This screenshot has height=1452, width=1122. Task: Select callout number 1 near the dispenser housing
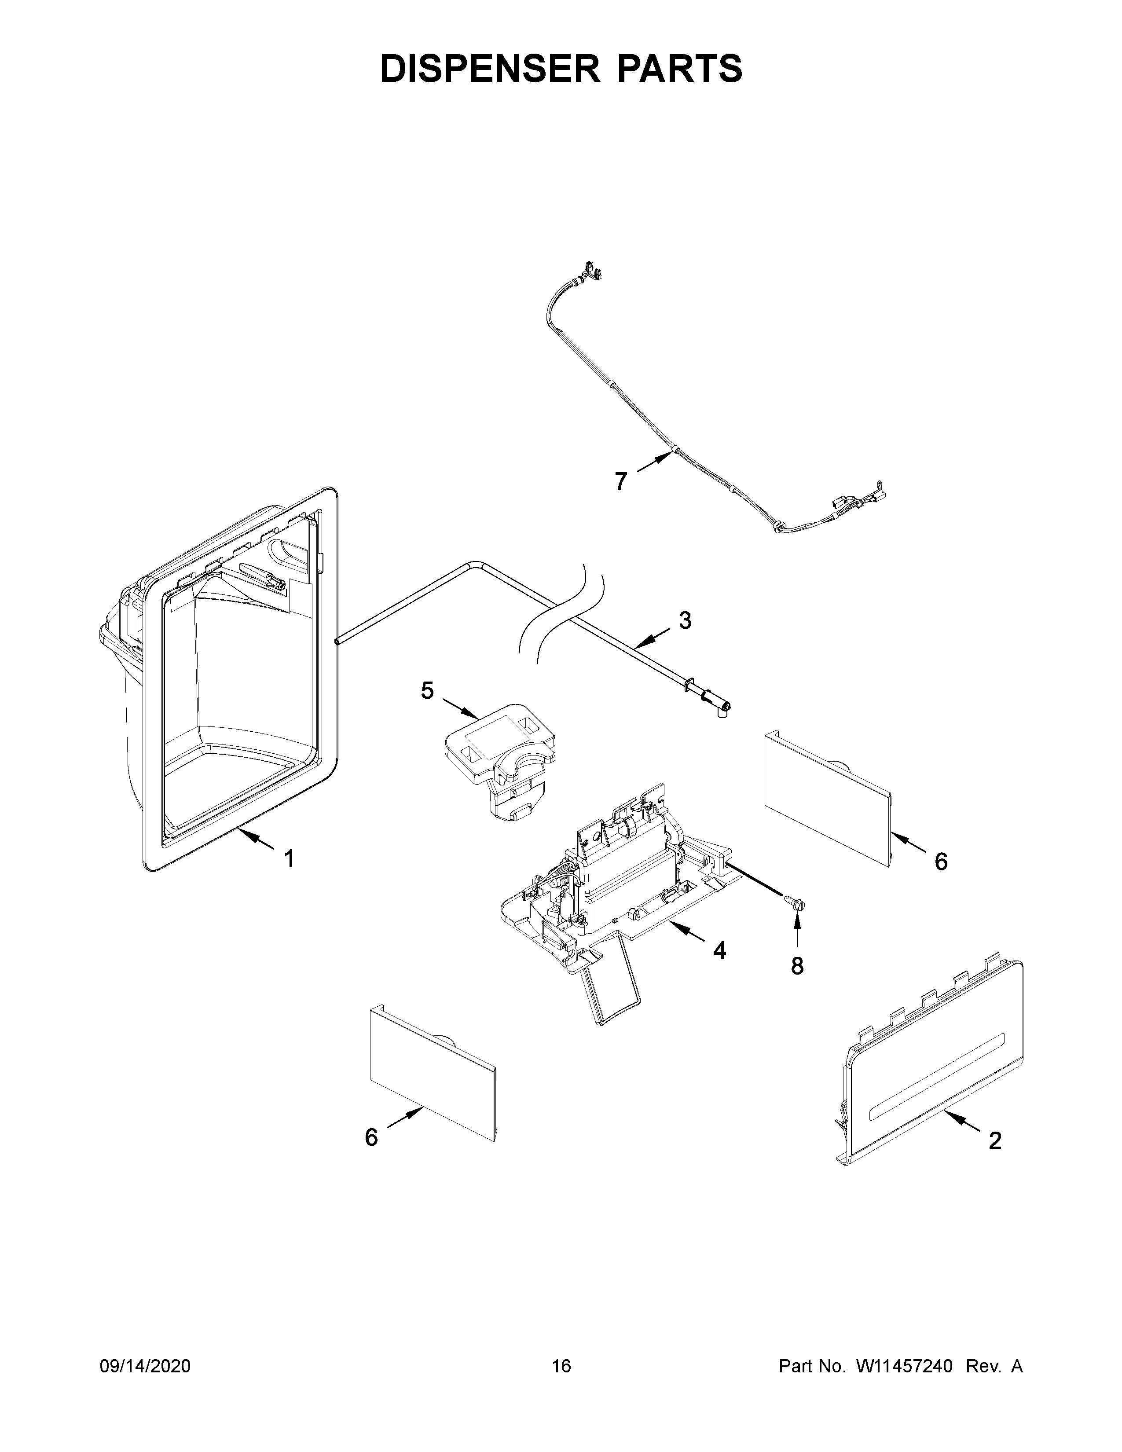289,858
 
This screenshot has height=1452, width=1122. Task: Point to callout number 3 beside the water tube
685,620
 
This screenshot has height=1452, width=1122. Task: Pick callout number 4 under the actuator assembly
719,951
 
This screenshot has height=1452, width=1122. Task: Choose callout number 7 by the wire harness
621,480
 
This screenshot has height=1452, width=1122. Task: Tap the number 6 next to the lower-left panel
371,1137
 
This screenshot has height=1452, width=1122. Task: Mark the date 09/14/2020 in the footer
145,1366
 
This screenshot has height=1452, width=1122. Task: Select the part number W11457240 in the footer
904,1366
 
